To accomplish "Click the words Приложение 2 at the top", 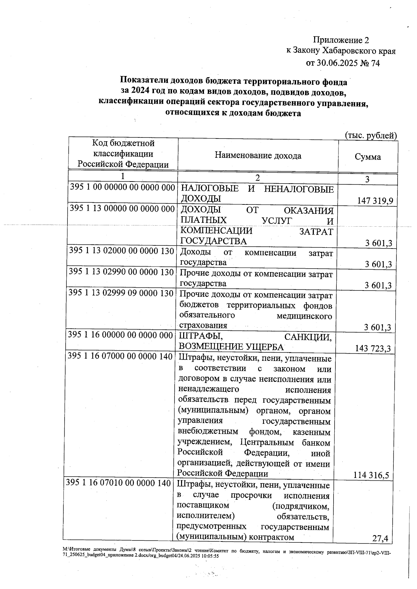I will tap(341, 40).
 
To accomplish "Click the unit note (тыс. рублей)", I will tap(370, 135).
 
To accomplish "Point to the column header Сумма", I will tap(368, 157).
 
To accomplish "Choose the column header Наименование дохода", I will tap(258, 155).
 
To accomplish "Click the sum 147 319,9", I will tap(375, 201).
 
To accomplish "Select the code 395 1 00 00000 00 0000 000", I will tap(122, 187).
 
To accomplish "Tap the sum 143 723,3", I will tap(373, 348).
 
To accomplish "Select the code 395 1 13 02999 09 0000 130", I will tap(121, 293).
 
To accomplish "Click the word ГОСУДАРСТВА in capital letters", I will tap(214, 241).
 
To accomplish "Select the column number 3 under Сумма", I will tap(367, 179).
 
